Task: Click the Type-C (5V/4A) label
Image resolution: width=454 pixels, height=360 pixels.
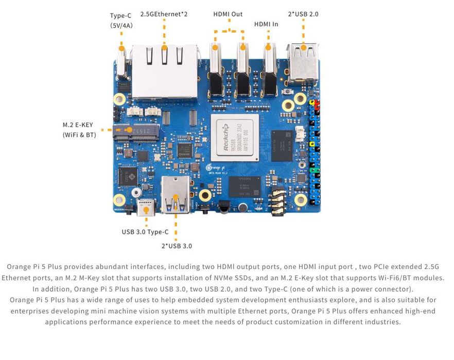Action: pos(121,20)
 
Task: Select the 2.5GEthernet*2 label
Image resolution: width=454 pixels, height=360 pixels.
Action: pos(164,14)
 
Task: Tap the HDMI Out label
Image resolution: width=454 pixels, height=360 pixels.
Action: pos(228,14)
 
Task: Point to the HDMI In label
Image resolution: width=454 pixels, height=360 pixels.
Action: pos(266,24)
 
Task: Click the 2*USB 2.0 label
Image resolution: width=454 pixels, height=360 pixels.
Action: pos(303,14)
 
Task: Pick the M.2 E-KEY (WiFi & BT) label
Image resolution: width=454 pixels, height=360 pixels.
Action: pos(78,130)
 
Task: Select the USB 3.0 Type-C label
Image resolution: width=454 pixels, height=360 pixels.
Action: pos(145,232)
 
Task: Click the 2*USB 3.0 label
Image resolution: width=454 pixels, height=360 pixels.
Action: pos(177,246)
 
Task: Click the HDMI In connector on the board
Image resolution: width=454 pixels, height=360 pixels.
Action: pos(268,69)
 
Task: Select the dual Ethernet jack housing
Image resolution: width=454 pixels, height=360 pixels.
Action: pos(164,70)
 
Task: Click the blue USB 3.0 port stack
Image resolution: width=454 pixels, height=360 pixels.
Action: pos(176,195)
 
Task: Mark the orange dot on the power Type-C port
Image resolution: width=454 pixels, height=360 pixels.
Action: pos(121,48)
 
